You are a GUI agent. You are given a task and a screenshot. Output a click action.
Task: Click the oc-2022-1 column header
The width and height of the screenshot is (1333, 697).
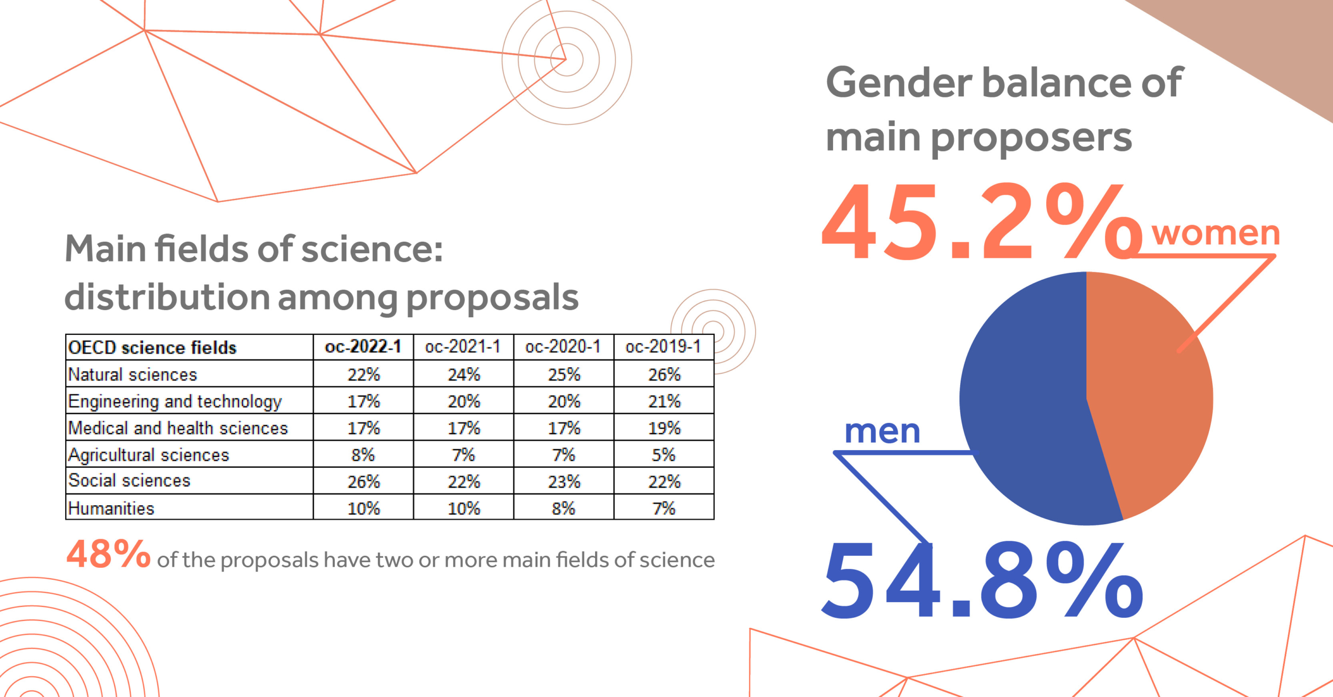(x=363, y=347)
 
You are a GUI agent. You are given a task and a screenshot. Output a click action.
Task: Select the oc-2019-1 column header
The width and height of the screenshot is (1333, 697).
(x=663, y=347)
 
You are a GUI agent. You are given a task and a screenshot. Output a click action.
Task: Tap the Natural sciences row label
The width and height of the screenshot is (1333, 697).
(x=133, y=375)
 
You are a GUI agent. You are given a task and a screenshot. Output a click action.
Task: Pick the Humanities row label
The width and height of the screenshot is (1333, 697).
(x=111, y=508)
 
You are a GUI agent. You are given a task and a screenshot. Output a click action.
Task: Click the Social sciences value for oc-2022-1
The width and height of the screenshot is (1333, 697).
(x=363, y=481)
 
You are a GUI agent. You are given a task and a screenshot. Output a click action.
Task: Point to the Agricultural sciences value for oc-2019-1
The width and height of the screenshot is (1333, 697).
(x=663, y=455)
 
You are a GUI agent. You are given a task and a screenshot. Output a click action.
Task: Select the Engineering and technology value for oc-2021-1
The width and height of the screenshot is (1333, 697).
(x=463, y=401)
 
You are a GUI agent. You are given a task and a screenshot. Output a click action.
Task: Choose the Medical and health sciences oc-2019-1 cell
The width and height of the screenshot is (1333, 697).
(x=663, y=428)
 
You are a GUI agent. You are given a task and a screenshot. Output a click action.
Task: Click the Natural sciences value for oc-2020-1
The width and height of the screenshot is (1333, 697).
(x=563, y=375)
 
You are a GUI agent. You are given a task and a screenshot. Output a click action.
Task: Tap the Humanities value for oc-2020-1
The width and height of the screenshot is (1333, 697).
(x=563, y=508)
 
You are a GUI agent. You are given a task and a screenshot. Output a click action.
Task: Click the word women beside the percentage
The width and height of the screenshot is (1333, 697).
(x=1215, y=233)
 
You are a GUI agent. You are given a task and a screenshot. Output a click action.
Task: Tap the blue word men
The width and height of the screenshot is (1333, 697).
(x=882, y=431)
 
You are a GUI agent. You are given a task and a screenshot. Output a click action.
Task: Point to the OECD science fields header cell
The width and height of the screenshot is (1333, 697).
(x=152, y=347)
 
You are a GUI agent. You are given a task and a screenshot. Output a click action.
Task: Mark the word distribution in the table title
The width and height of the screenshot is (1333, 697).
(x=167, y=297)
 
